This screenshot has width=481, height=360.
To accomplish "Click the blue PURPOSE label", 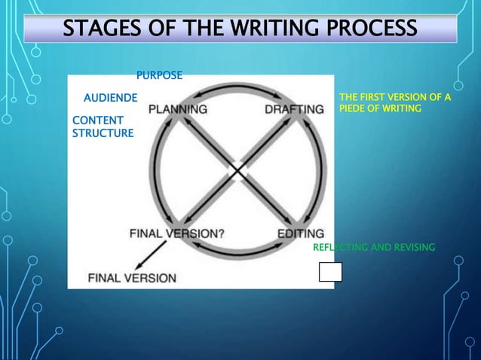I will click(x=158, y=75).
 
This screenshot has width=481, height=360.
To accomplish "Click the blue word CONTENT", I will click(x=97, y=121).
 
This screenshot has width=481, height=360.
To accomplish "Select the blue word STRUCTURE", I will click(x=103, y=133).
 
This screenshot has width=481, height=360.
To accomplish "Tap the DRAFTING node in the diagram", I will click(x=294, y=109).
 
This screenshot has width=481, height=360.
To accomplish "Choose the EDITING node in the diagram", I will click(x=301, y=233).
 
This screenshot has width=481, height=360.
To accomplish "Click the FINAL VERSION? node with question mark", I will click(x=177, y=233).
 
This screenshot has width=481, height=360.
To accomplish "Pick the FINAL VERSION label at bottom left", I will click(x=133, y=277).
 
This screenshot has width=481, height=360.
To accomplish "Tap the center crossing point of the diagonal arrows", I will click(x=239, y=171).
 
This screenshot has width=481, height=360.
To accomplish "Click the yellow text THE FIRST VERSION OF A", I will click(x=395, y=98).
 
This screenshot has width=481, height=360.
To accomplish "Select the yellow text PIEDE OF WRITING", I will click(x=381, y=109).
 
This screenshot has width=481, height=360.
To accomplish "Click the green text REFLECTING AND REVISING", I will click(x=374, y=247).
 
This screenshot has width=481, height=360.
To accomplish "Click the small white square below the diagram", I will click(x=330, y=272).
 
